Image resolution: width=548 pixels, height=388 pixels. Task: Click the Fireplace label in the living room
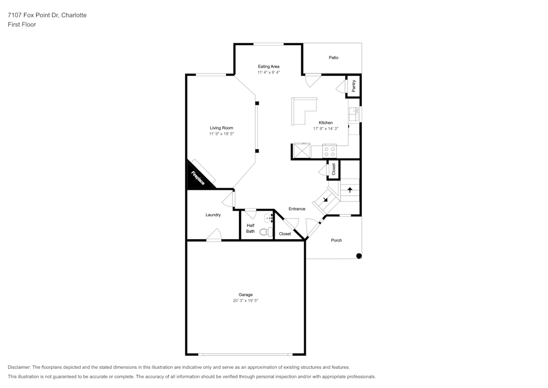[x=198, y=178]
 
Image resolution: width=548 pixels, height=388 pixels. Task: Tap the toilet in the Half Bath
[x=267, y=232]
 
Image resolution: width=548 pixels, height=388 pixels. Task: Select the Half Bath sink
[x=269, y=218]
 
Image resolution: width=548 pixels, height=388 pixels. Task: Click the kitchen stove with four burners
[x=329, y=151]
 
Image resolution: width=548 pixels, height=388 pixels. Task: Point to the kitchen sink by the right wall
[x=355, y=114]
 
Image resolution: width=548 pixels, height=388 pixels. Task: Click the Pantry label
[x=353, y=86]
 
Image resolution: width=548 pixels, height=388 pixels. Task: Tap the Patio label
[x=333, y=58]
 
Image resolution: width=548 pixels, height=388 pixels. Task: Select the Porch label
[x=336, y=240]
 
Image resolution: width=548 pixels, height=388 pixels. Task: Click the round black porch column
[x=358, y=256]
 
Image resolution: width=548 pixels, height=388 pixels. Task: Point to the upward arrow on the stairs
[x=350, y=190]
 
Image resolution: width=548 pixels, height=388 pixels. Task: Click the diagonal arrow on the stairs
[x=326, y=199]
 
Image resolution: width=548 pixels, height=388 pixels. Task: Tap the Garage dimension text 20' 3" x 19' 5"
[x=246, y=301]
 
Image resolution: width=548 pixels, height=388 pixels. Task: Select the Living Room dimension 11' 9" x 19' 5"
[x=221, y=134]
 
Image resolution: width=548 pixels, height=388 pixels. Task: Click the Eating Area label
[x=269, y=66]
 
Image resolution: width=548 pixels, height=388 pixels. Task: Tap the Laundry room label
[x=213, y=215]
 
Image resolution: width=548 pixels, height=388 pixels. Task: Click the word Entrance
[x=297, y=209]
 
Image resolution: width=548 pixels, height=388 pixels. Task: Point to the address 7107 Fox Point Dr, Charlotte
[x=47, y=15]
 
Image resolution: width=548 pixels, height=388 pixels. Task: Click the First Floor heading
[x=22, y=25]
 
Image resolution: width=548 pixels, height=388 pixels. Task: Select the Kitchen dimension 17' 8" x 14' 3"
[x=326, y=129]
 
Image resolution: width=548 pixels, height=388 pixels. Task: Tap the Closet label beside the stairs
[x=334, y=170]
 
